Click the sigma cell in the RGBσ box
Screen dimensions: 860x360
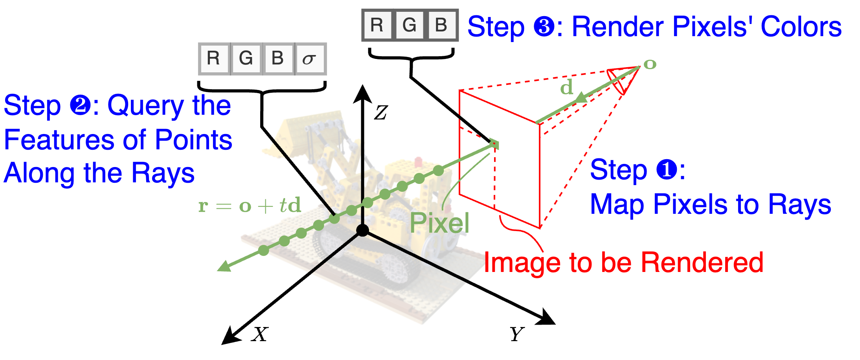(x=310, y=59)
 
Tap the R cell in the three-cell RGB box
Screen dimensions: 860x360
(x=377, y=25)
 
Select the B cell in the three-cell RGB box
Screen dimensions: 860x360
(x=441, y=25)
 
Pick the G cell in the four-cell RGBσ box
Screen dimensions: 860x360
(x=246, y=59)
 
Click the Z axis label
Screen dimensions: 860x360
(x=380, y=113)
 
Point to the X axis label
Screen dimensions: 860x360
(x=260, y=334)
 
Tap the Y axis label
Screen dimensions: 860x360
(x=517, y=334)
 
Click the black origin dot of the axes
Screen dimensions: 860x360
(x=362, y=230)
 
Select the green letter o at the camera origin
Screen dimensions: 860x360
(x=650, y=64)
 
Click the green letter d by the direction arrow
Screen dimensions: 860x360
(x=567, y=87)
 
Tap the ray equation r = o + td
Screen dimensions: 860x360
(x=250, y=206)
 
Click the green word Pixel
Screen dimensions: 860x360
(x=439, y=223)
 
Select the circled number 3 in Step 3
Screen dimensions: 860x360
(x=544, y=27)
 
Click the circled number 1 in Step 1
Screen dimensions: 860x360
(x=667, y=170)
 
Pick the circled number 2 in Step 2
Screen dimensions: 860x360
(x=80, y=106)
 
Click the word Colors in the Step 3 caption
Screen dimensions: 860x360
(x=801, y=27)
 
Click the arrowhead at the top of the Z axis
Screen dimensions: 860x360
(x=362, y=94)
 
